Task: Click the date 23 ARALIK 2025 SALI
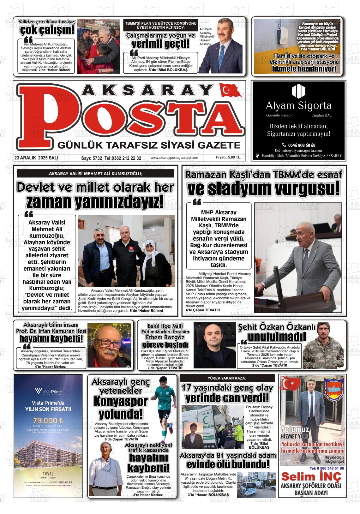coord(36,158)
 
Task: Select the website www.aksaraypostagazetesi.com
coord(174,158)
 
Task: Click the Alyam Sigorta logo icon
coord(298,91)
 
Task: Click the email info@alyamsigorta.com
coord(302,150)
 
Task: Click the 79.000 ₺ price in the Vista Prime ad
coord(48,421)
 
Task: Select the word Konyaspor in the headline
coord(121,402)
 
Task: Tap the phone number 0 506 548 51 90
coord(327,468)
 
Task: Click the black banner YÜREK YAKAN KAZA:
coord(227,378)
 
